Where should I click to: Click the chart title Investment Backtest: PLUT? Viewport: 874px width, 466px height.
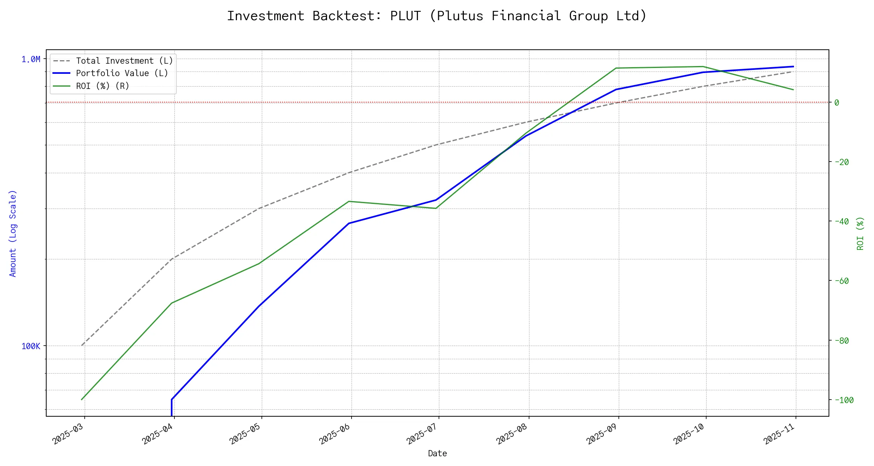(437, 16)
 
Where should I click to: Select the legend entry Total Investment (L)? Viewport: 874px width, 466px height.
(124, 61)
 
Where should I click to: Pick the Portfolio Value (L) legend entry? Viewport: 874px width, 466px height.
(122, 73)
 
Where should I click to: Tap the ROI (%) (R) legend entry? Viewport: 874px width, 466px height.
(103, 86)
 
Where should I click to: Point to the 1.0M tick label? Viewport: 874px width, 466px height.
(31, 59)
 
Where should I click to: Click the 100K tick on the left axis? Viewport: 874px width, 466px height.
(31, 346)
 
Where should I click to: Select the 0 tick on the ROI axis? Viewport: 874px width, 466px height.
(837, 103)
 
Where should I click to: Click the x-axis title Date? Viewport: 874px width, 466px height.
(437, 454)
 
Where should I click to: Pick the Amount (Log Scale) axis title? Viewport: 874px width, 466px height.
(13, 233)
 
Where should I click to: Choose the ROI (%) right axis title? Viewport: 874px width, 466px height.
(860, 233)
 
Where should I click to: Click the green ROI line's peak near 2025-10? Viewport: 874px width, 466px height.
(703, 66)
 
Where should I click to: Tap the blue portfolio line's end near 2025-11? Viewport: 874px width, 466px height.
(793, 66)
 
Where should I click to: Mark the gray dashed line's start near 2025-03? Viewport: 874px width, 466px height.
(82, 345)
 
